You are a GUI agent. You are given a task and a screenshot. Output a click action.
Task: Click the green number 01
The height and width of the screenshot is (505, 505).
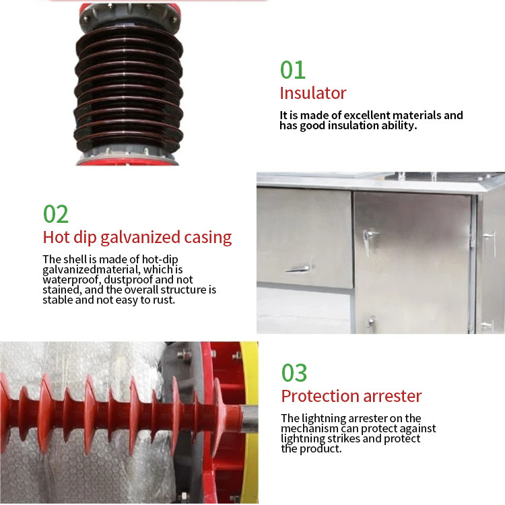[292, 70]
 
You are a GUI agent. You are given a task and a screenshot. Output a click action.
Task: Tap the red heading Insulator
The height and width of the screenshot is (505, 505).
[313, 93]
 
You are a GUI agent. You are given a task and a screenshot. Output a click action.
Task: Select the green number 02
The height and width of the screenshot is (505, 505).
[56, 214]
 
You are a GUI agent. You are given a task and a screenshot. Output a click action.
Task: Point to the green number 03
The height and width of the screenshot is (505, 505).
[294, 373]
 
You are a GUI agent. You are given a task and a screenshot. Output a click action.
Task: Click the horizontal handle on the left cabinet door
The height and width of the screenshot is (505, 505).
[297, 269]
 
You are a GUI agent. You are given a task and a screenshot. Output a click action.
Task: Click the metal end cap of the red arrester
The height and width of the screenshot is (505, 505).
[249, 419]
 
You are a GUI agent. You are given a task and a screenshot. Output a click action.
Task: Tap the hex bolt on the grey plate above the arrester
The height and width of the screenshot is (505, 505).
[184, 354]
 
